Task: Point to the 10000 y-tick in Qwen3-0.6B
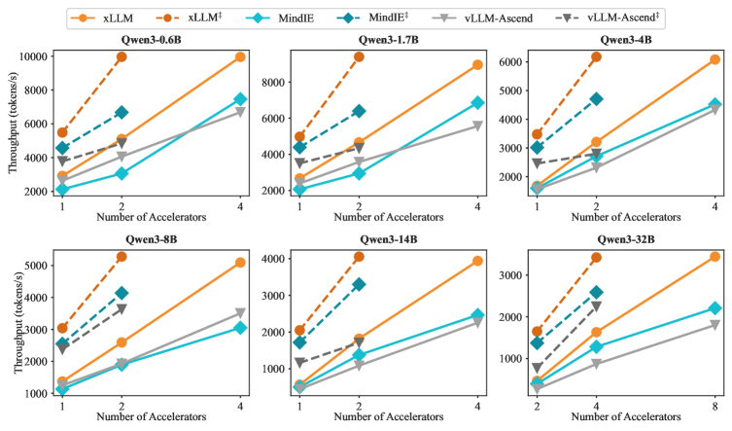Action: [30, 57]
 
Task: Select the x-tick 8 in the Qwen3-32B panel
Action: [715, 404]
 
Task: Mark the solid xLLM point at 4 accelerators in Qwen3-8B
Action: [239, 263]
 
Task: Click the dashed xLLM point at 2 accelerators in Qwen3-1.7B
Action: [360, 57]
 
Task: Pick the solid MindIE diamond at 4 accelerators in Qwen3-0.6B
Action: [239, 99]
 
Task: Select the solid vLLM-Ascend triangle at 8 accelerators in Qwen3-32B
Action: [715, 325]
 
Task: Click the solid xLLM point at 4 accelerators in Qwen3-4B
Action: [715, 59]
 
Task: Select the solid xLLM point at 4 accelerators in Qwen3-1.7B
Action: [477, 64]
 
